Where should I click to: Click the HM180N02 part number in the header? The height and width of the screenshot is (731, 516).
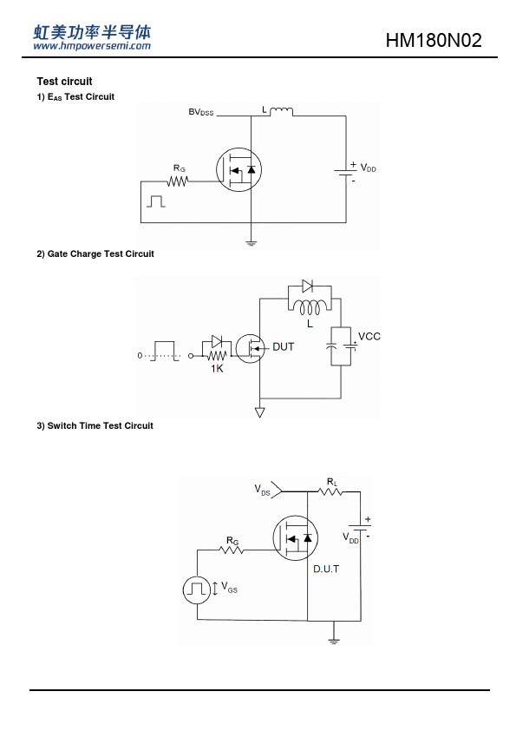pyautogui.click(x=434, y=41)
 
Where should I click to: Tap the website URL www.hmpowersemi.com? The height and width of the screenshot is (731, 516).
pyautogui.click(x=92, y=46)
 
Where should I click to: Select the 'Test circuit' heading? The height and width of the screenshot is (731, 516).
pyautogui.click(x=64, y=81)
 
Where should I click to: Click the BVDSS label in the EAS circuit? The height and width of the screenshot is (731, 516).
pyautogui.click(x=200, y=112)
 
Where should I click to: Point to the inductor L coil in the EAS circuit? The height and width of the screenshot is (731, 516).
pyautogui.click(x=282, y=111)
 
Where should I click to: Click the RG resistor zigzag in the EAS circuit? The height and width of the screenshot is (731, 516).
pyautogui.click(x=178, y=181)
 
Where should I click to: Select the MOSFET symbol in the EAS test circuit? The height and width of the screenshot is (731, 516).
pyautogui.click(x=238, y=169)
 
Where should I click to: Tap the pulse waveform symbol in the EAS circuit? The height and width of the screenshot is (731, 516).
pyautogui.click(x=156, y=201)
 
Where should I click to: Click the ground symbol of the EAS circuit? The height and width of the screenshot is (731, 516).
pyautogui.click(x=251, y=242)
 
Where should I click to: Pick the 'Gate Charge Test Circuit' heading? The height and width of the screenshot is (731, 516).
pyautogui.click(x=95, y=254)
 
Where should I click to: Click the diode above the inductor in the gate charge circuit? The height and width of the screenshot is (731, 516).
pyautogui.click(x=307, y=286)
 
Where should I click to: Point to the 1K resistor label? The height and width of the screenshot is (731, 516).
pyautogui.click(x=217, y=369)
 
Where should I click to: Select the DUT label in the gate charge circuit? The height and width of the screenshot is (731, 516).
pyautogui.click(x=283, y=347)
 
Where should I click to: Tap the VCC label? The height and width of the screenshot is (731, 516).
pyautogui.click(x=369, y=337)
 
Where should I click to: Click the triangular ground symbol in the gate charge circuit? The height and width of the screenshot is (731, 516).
pyautogui.click(x=260, y=412)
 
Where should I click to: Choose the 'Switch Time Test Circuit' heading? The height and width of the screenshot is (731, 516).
pyautogui.click(x=95, y=425)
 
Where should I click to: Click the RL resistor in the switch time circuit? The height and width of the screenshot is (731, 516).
pyautogui.click(x=330, y=491)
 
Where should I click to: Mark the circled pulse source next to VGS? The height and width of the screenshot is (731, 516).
pyautogui.click(x=197, y=590)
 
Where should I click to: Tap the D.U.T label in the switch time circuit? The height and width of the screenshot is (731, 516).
pyautogui.click(x=326, y=569)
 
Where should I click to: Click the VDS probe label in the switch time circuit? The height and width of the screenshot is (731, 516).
pyautogui.click(x=262, y=490)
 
